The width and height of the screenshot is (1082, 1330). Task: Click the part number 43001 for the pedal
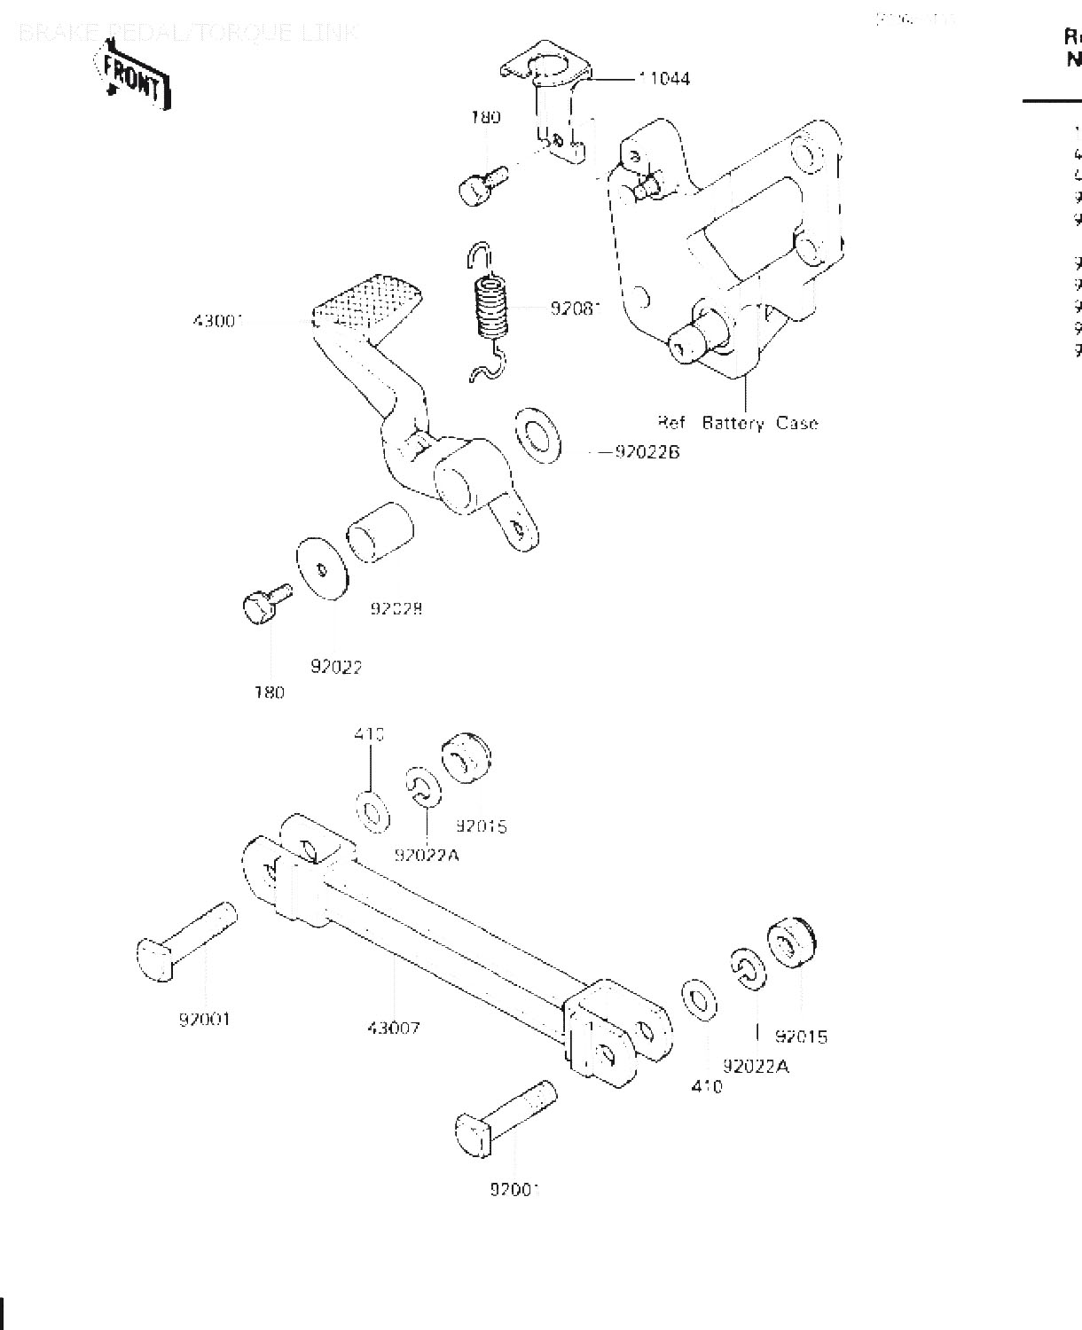tap(218, 320)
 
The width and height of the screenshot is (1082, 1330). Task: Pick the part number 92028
tap(396, 609)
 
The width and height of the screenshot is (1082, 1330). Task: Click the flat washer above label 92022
tap(321, 567)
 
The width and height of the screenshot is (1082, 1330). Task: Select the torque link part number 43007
tap(394, 1029)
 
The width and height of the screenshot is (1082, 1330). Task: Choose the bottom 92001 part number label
tap(514, 1189)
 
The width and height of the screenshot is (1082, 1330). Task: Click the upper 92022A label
tap(427, 856)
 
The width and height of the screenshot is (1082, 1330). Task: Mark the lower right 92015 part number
tap(801, 1037)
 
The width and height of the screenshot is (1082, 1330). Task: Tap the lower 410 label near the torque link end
tap(707, 1086)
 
